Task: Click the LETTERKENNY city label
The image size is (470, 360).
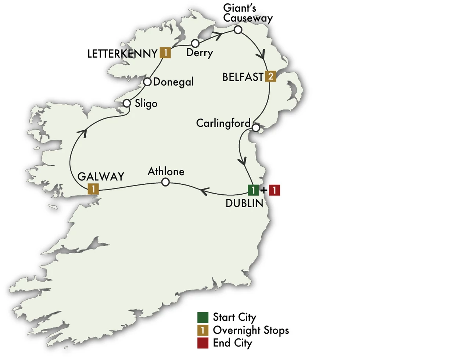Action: point(122,54)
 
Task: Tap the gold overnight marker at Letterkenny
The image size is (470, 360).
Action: point(165,53)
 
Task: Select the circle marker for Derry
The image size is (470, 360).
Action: point(195,43)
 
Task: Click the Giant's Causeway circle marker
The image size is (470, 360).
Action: point(238,30)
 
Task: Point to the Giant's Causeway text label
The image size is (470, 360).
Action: point(248,13)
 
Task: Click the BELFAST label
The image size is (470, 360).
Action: point(243,77)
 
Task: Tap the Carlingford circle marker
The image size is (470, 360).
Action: point(256,128)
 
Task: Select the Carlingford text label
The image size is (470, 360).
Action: point(223,123)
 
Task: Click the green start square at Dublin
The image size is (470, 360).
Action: point(253,190)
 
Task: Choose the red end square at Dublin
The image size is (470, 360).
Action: point(275,190)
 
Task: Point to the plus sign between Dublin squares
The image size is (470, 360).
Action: point(263,190)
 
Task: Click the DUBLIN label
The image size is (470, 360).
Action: point(244,203)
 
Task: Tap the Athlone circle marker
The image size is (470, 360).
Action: point(166,182)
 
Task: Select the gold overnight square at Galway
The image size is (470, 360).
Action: point(93,189)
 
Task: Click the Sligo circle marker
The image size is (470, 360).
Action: point(127,103)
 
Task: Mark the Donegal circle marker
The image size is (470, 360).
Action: point(147,82)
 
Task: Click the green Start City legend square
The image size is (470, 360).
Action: point(202,317)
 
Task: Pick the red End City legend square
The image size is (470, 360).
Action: point(202,343)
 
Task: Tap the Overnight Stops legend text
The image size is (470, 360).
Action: point(251,330)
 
